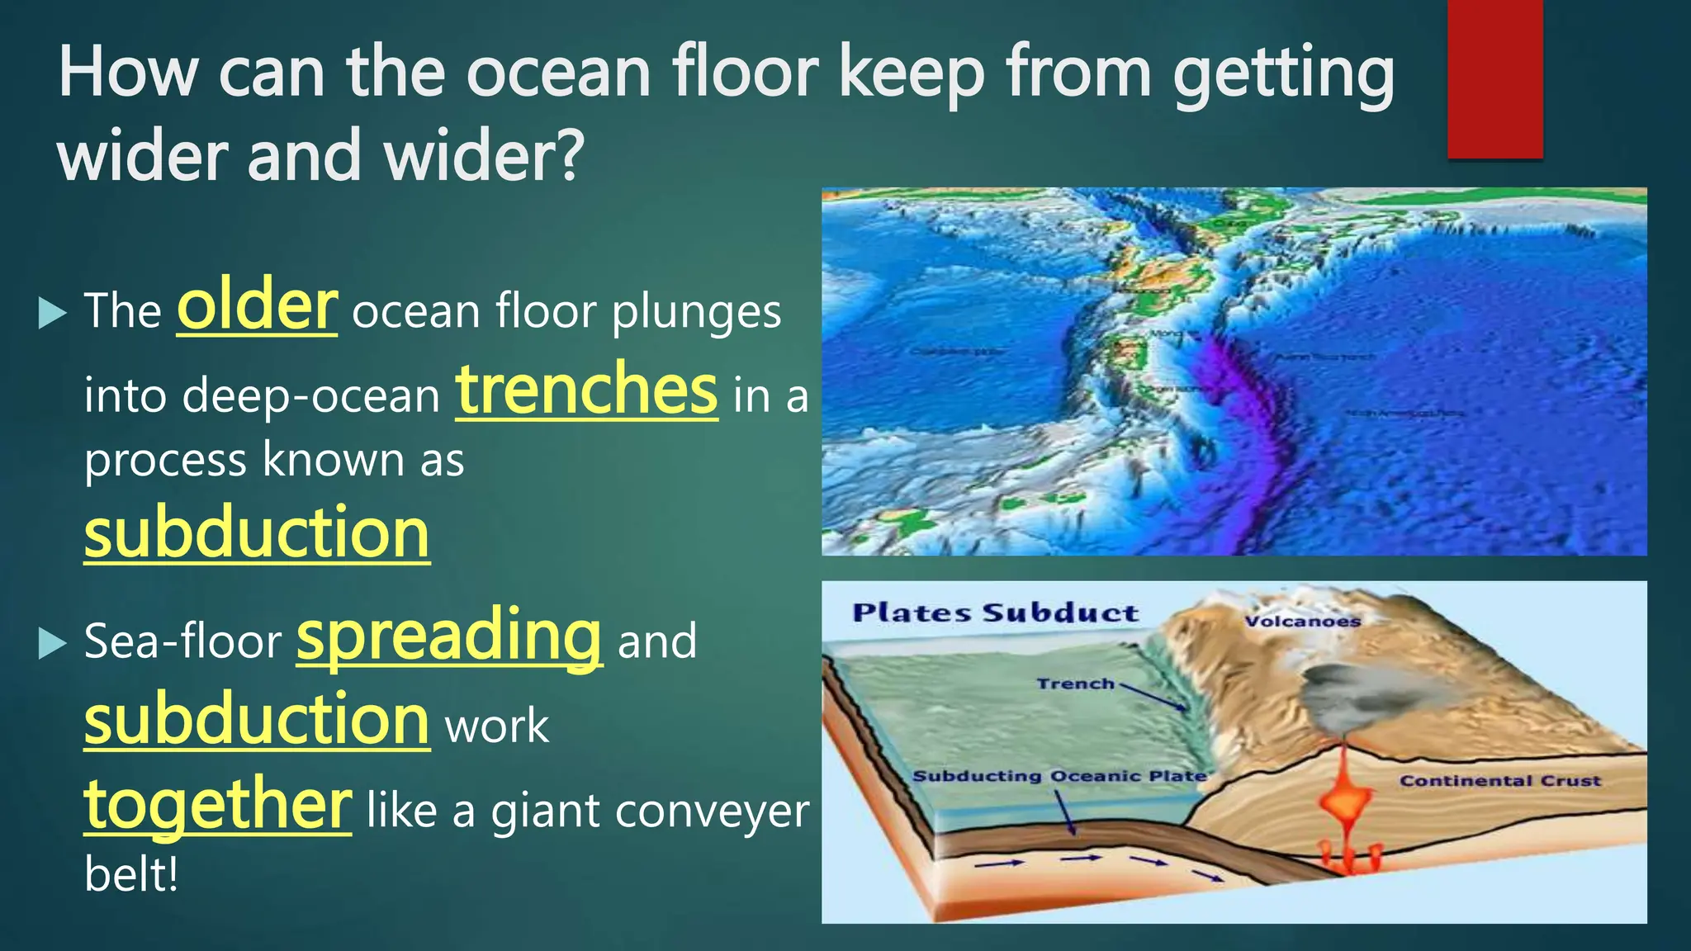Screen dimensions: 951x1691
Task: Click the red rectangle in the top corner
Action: tap(1494, 78)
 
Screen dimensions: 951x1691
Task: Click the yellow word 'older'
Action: tap(257, 307)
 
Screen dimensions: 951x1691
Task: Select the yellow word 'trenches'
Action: tap(586, 390)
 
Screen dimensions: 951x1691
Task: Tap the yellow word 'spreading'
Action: tap(449, 636)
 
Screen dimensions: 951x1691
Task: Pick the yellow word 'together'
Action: tap(218, 805)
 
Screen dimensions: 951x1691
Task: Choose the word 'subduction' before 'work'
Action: tap(257, 720)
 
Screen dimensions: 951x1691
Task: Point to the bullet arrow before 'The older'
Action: tap(52, 314)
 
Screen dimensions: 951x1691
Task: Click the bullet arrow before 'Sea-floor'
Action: tap(52, 643)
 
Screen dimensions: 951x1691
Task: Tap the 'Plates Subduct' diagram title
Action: tap(995, 613)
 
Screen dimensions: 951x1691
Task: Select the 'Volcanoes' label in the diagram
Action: tap(1302, 622)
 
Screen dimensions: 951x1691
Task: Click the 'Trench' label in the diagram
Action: tap(1075, 684)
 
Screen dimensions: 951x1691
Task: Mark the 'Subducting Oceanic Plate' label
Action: tap(1059, 776)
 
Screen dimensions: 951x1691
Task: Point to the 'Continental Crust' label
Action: tap(1499, 781)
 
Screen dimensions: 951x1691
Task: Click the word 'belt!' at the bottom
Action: tap(131, 874)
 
